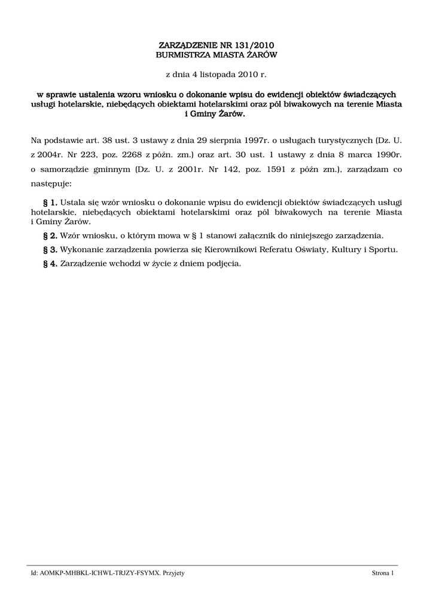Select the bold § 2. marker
point(50,235)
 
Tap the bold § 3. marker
point(50,249)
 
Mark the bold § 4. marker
point(50,264)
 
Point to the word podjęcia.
point(224,264)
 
